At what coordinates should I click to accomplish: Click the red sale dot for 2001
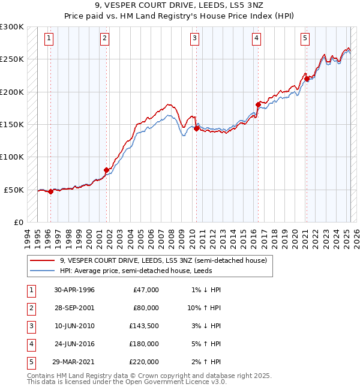(106, 170)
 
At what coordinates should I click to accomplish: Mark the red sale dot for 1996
(50, 191)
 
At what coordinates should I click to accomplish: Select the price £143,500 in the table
(144, 326)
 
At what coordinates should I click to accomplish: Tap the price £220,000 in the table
(144, 362)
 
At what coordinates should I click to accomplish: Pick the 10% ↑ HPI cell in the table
(204, 308)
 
